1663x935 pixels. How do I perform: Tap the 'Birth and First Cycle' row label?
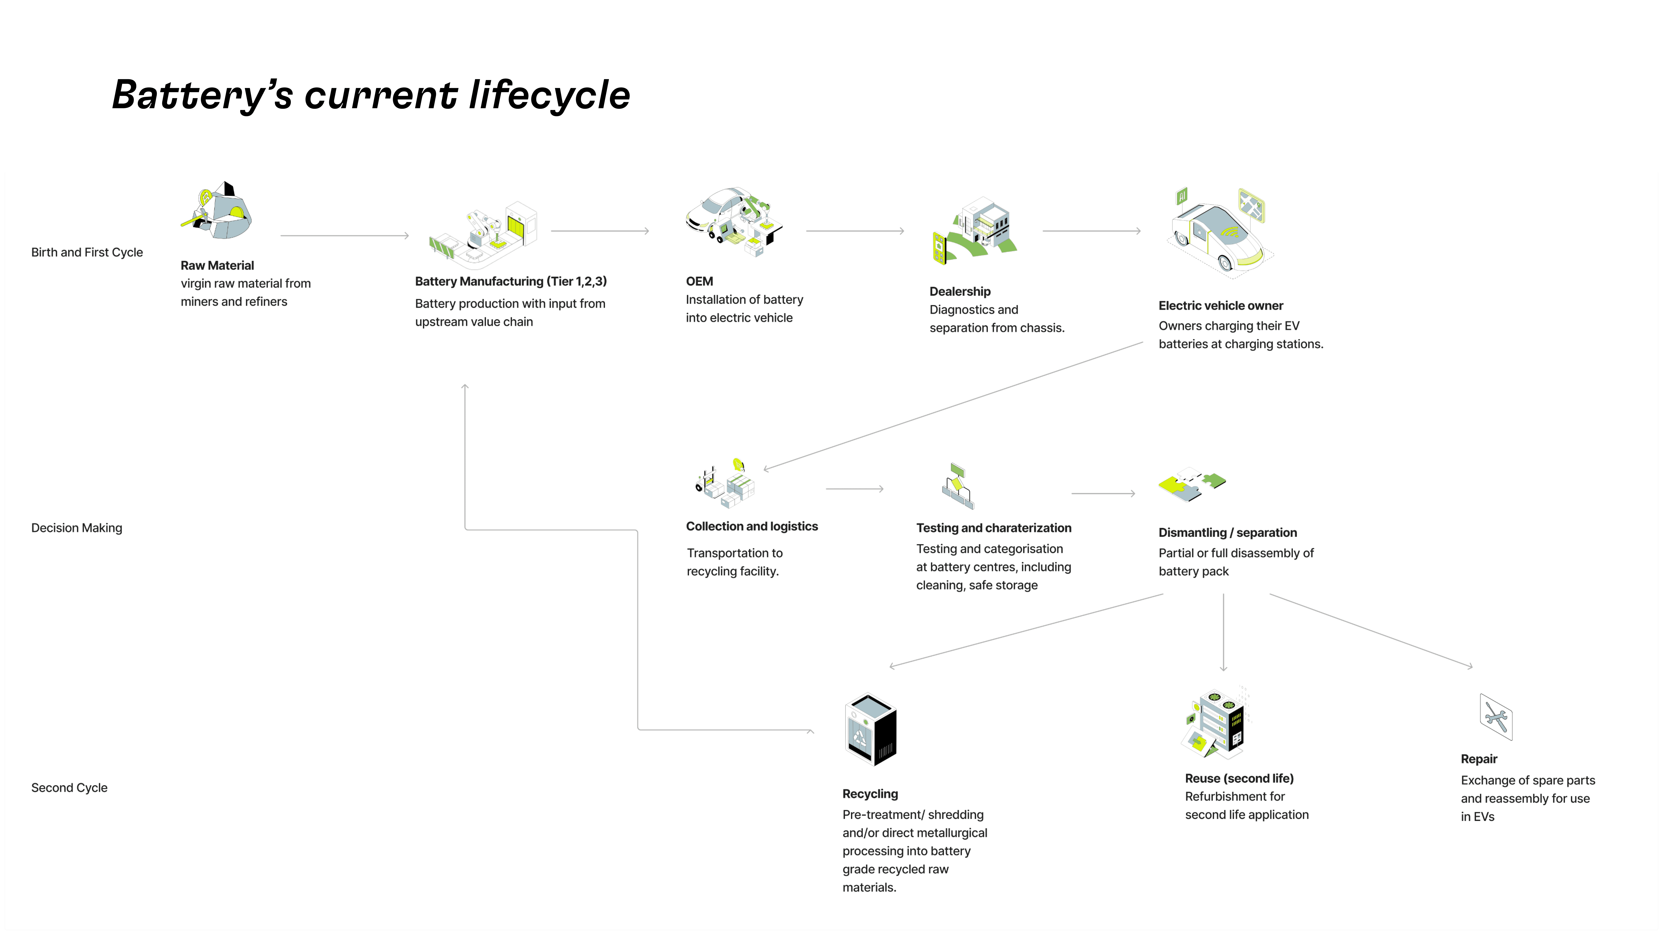pyautogui.click(x=87, y=252)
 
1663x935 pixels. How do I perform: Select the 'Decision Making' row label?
pyautogui.click(x=77, y=528)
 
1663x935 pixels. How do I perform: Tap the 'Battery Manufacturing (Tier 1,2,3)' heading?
pyautogui.click(x=511, y=281)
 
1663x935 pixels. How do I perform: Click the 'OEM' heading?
pyautogui.click(x=699, y=281)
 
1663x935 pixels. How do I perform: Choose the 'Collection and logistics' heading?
pyautogui.click(x=751, y=527)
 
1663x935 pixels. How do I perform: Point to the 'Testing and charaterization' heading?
pyautogui.click(x=993, y=528)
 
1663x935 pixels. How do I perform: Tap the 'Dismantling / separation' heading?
pyautogui.click(x=1227, y=532)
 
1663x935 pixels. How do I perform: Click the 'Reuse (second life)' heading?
pyautogui.click(x=1239, y=778)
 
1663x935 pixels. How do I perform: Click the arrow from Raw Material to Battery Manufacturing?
pyautogui.click(x=345, y=235)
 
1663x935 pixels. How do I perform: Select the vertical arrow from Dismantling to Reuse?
pyautogui.click(x=1223, y=632)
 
